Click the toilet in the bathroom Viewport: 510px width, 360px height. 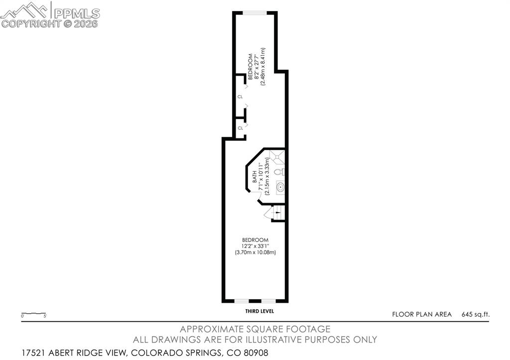(x=280, y=172)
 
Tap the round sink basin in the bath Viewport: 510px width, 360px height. (x=280, y=188)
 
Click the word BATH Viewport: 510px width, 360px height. (x=255, y=177)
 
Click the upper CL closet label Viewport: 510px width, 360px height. (x=240, y=97)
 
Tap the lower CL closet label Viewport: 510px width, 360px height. (x=240, y=128)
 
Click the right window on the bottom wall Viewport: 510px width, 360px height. (x=269, y=301)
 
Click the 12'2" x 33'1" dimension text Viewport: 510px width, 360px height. (x=255, y=246)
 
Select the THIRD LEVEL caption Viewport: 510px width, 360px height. (x=259, y=311)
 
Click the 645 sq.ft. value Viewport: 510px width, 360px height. (x=476, y=314)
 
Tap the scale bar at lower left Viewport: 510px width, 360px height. (x=34, y=314)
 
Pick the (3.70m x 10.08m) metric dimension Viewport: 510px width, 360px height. (x=255, y=252)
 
